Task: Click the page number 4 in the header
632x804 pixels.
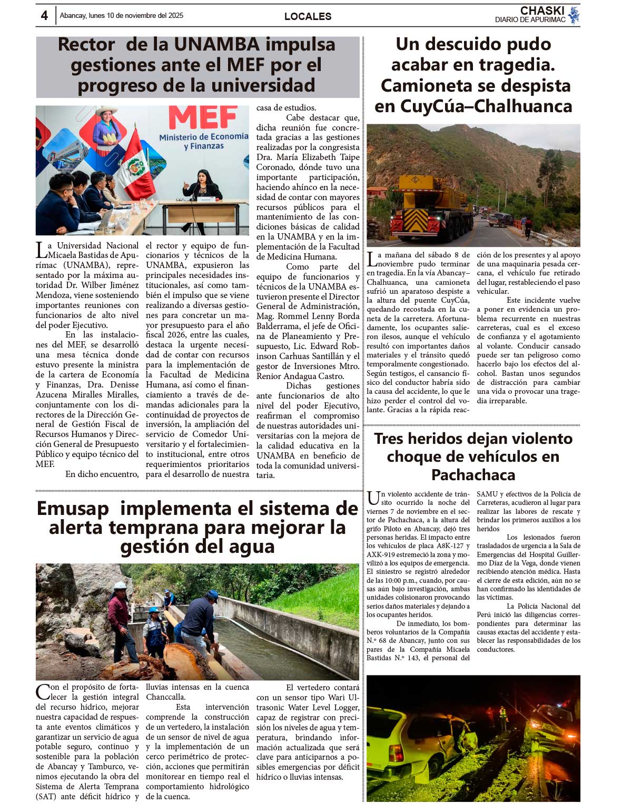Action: [44, 16]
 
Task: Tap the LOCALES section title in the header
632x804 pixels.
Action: [308, 16]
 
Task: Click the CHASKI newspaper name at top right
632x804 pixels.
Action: [542, 11]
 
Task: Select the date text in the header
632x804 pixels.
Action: [122, 16]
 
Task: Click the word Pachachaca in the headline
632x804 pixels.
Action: [473, 475]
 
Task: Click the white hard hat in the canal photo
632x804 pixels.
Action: [120, 585]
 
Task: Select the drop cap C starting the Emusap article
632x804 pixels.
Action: [42, 691]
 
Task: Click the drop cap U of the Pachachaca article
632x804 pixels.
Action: [373, 498]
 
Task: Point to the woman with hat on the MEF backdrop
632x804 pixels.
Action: [107, 126]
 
